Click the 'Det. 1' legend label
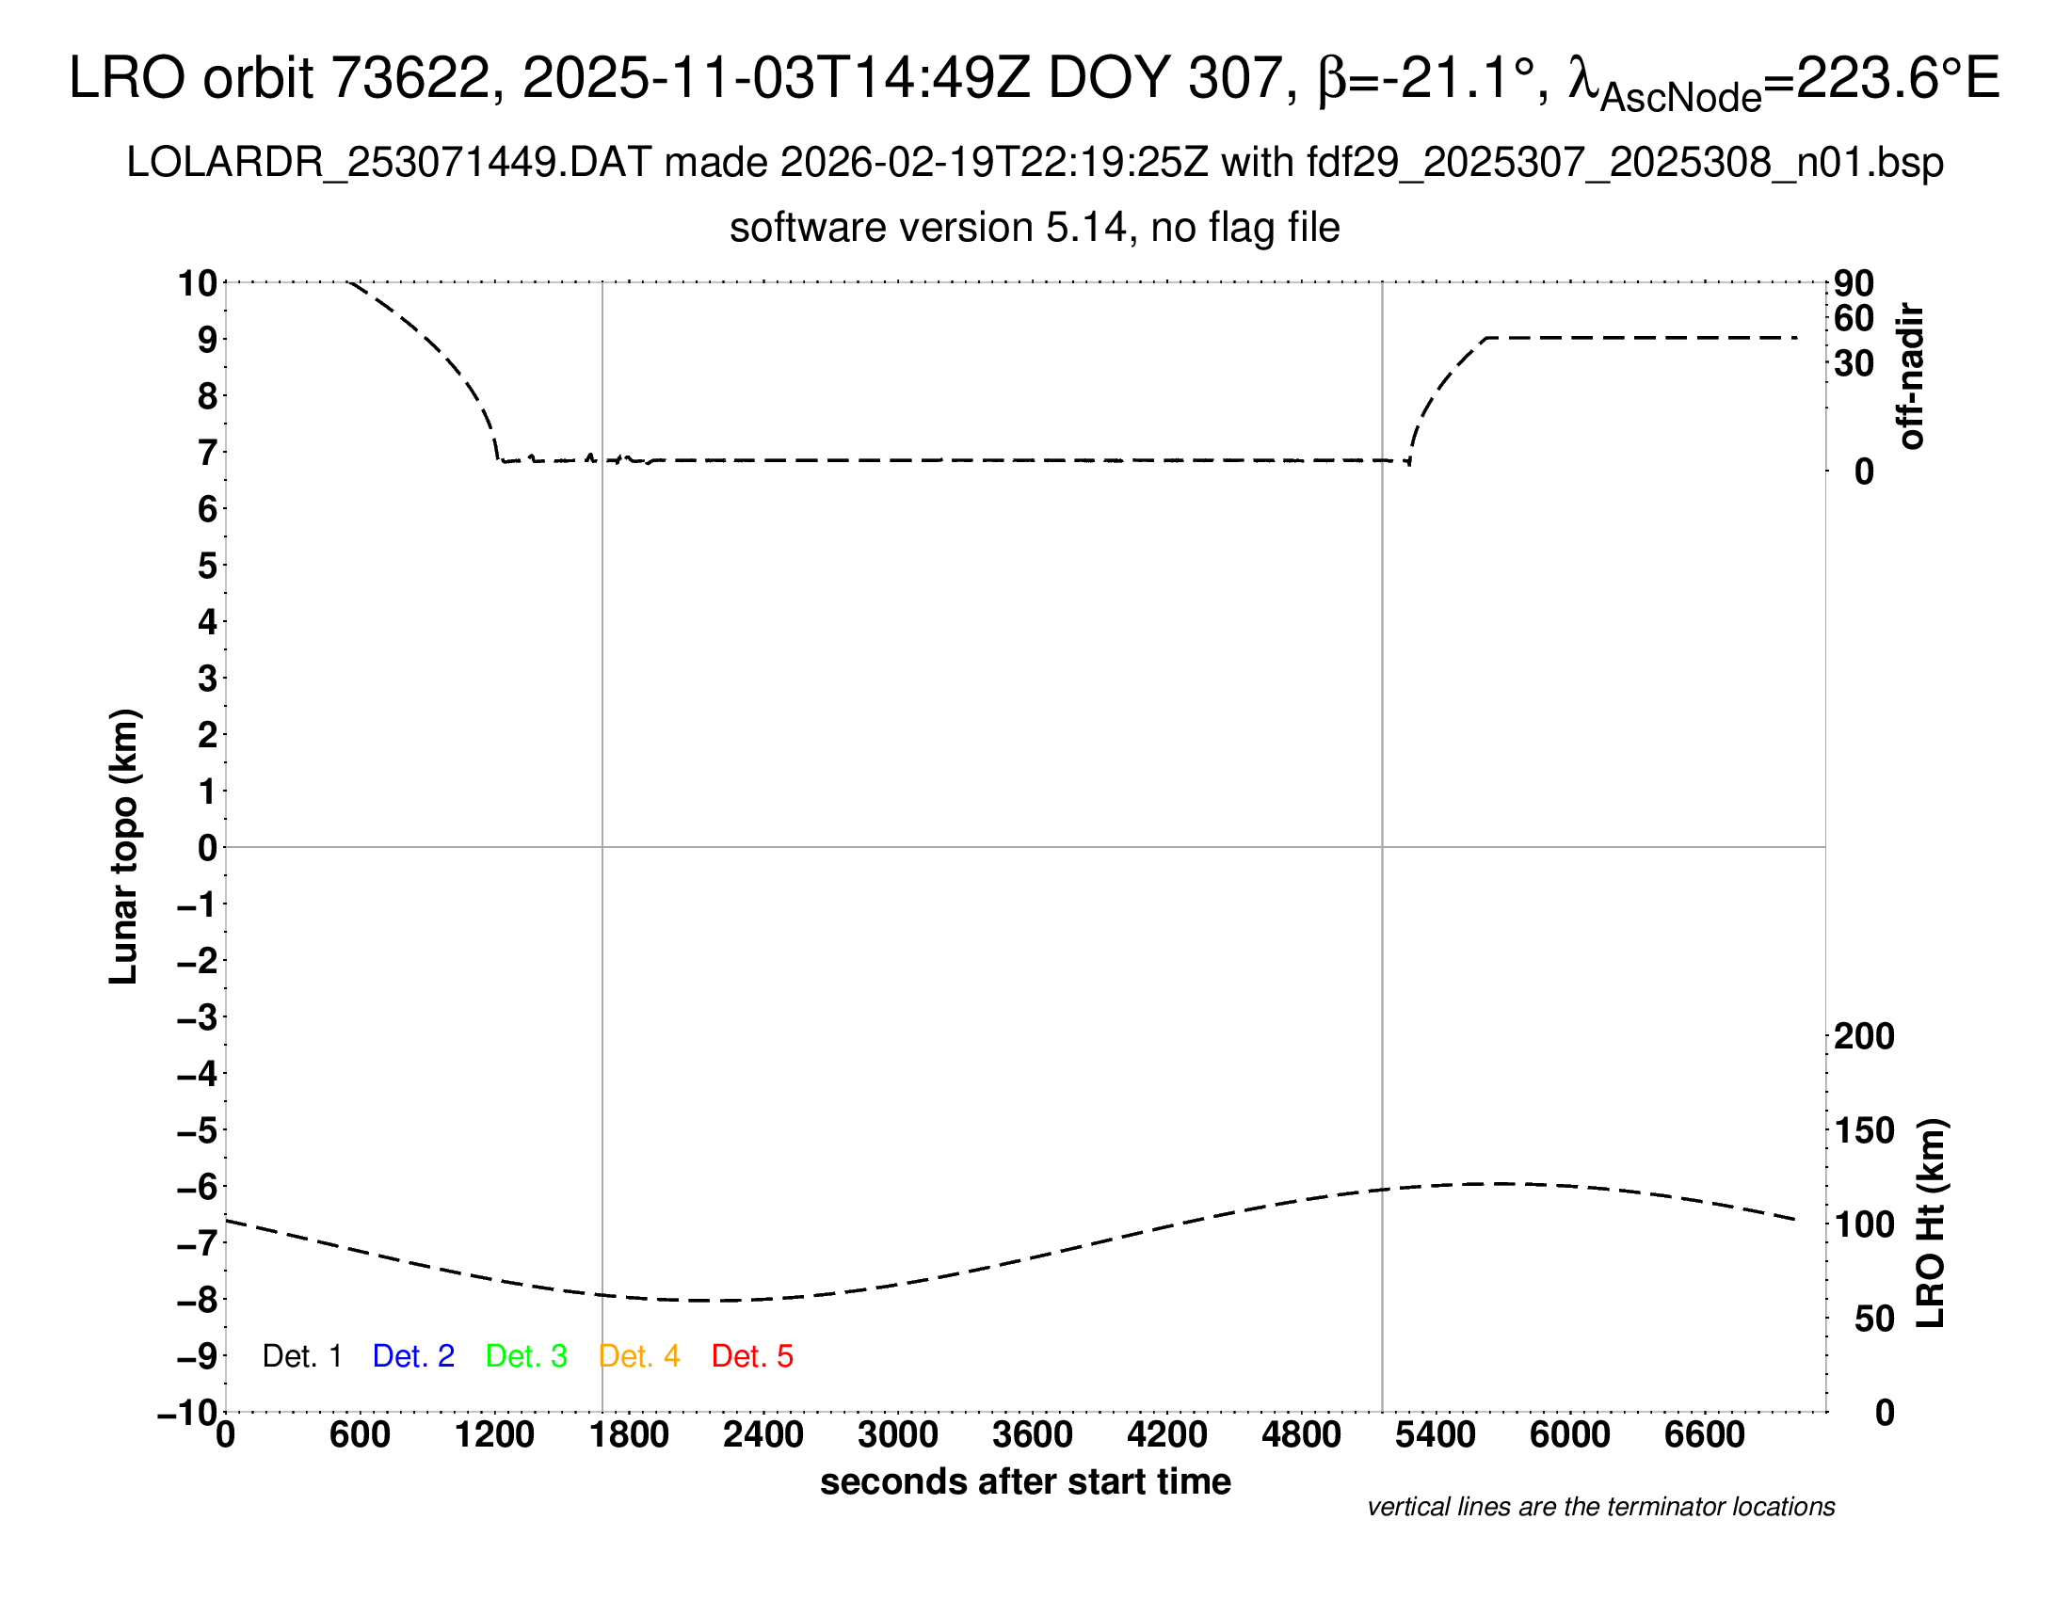pos(301,1356)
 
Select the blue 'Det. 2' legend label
pos(413,1356)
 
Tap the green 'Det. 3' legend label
pos(526,1356)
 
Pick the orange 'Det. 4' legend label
pos(639,1356)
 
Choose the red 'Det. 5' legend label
pos(752,1356)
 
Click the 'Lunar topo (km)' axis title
pos(124,846)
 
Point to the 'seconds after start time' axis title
pos(1025,1481)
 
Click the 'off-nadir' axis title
pos(1911,376)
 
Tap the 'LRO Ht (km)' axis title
pos(1931,1224)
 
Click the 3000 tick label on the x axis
pos(897,1435)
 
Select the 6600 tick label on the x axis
pos(1704,1435)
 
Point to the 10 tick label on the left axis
pos(198,282)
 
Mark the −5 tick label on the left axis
pos(198,1129)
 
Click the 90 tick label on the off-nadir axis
pos(1854,282)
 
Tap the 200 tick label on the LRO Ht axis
pos(1864,1036)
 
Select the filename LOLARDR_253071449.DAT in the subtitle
pos(388,163)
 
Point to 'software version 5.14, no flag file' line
pos(1035,228)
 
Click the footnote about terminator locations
pos(1600,1507)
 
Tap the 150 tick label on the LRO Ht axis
pos(1864,1129)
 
